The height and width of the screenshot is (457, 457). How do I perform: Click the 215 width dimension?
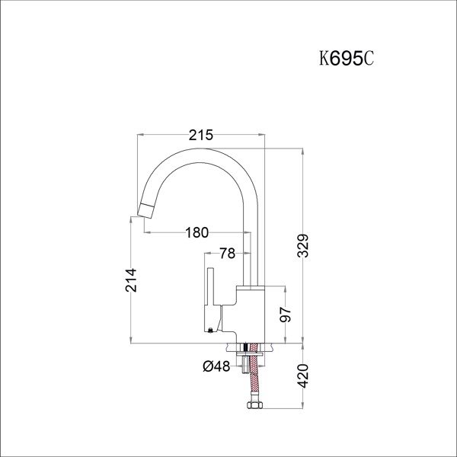click(200, 135)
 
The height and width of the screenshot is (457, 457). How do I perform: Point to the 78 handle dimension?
click(226, 254)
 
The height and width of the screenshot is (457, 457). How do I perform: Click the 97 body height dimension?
click(286, 315)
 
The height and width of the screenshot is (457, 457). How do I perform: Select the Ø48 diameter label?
click(216, 366)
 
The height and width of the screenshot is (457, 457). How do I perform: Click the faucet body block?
click(252, 312)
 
